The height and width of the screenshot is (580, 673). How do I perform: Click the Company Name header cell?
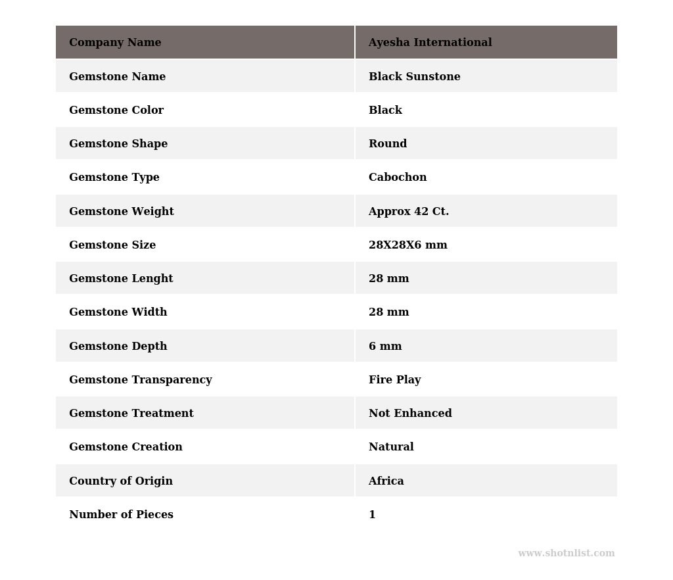(x=115, y=43)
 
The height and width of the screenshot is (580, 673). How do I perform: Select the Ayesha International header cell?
(x=430, y=43)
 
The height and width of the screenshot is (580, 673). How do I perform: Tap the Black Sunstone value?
(x=414, y=77)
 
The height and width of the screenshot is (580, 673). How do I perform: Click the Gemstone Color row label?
(x=116, y=110)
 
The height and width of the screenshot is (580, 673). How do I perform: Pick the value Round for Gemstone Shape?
(x=388, y=144)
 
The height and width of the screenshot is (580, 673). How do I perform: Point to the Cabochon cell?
(x=398, y=178)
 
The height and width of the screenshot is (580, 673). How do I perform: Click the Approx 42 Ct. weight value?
(x=409, y=212)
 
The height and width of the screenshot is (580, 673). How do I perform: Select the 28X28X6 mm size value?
(x=407, y=245)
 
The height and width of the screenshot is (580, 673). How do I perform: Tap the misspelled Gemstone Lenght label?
(x=121, y=279)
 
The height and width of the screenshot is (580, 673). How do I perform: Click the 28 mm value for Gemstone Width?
(x=388, y=312)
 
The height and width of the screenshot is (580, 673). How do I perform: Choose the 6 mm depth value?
(x=385, y=347)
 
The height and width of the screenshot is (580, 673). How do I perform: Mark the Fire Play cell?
(x=394, y=380)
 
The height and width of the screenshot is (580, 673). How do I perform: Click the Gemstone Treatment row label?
(x=131, y=414)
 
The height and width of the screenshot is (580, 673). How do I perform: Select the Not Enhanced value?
(x=410, y=414)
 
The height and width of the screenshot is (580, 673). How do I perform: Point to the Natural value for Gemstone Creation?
(x=391, y=447)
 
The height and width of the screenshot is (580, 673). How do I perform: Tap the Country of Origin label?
(x=121, y=481)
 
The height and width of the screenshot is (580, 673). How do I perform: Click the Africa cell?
(x=386, y=481)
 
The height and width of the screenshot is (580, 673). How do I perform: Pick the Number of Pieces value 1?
(x=372, y=515)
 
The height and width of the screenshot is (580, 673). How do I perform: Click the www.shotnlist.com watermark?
(x=566, y=554)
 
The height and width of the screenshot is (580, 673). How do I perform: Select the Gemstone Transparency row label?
(x=141, y=380)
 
